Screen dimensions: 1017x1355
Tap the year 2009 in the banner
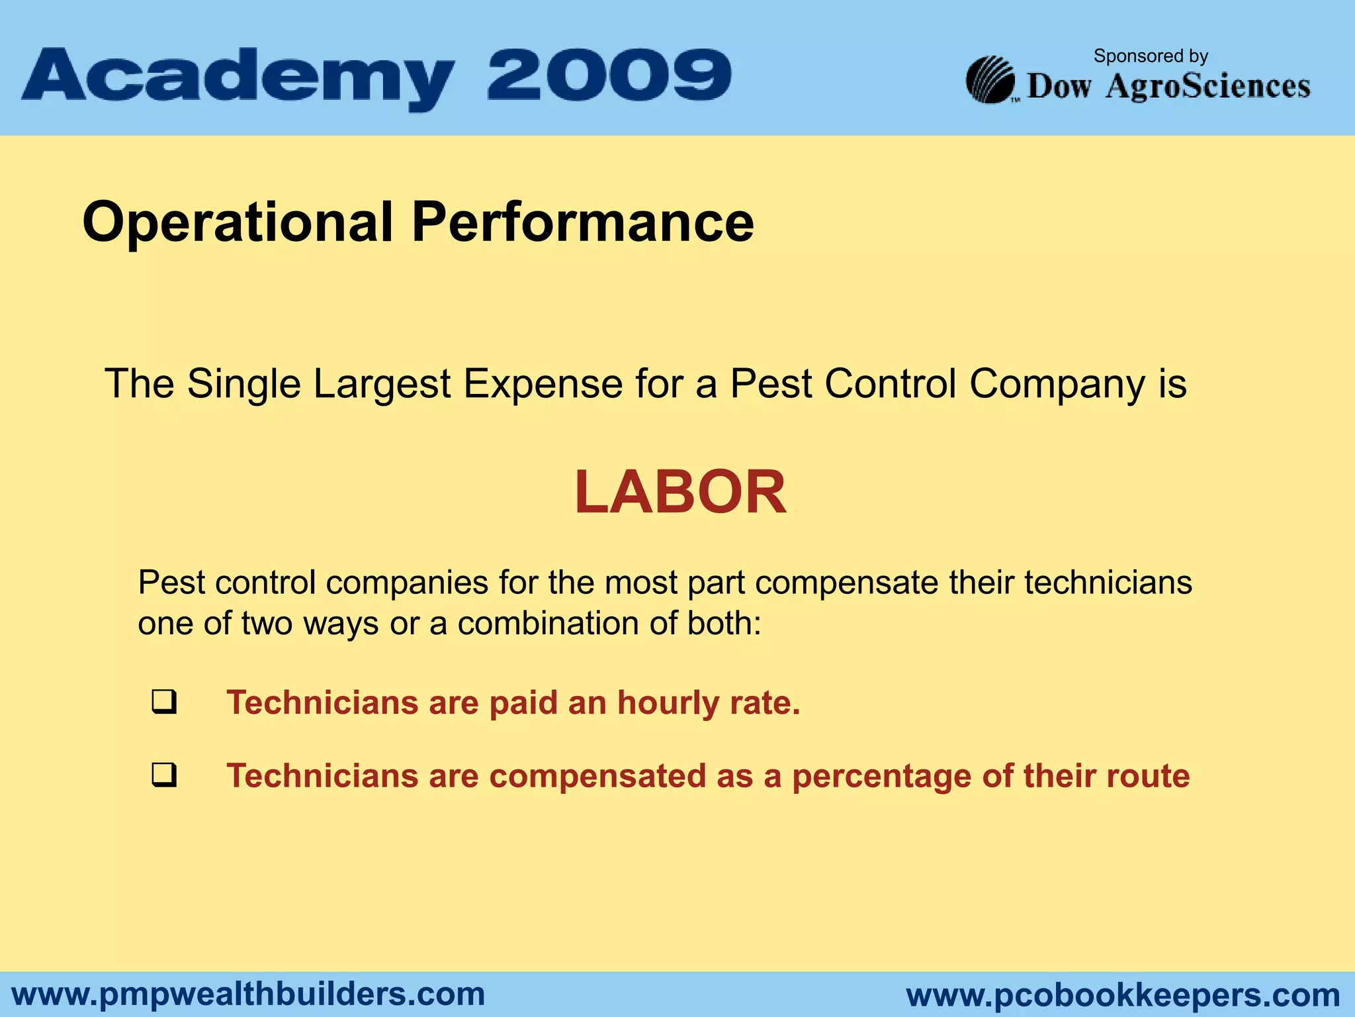coord(609,74)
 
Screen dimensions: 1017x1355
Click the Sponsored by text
coord(1151,56)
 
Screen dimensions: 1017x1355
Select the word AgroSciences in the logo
coord(1208,87)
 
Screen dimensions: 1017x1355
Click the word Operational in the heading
coord(238,223)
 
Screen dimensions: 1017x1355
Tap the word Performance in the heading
coord(582,222)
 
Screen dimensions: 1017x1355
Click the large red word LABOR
coord(680,492)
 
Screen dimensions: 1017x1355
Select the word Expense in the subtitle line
coord(543,384)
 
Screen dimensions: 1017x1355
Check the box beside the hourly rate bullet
coord(164,702)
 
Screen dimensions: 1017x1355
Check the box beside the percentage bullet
coord(164,775)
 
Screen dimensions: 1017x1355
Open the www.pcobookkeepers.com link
coord(1123,995)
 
